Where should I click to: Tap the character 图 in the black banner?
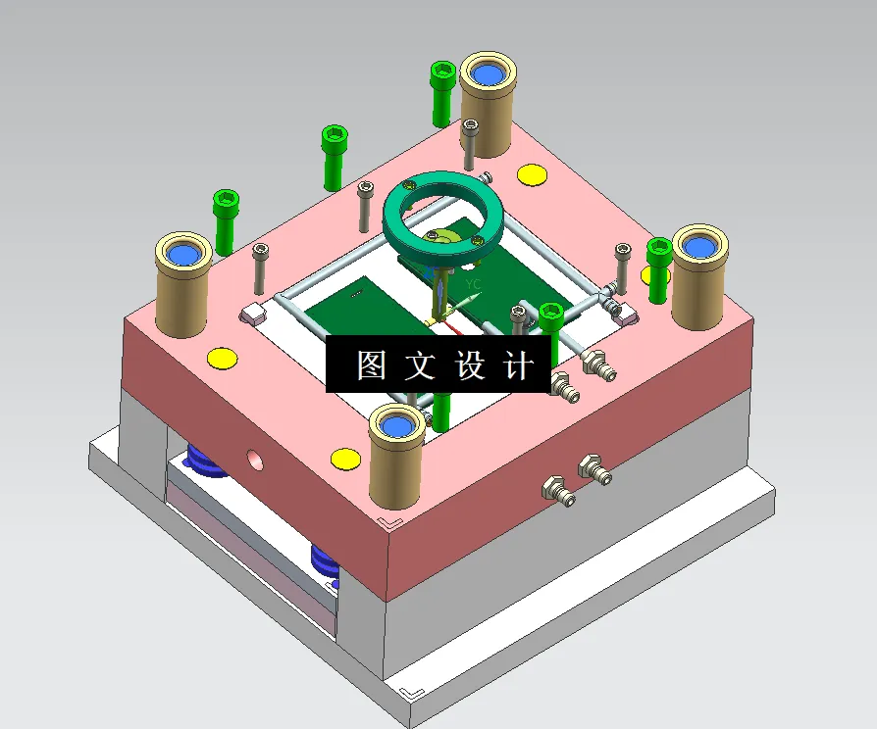coord(371,365)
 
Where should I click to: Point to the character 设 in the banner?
coord(470,365)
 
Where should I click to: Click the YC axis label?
coord(474,284)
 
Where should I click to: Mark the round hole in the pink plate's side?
coord(255,458)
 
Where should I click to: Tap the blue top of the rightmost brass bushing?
coord(699,245)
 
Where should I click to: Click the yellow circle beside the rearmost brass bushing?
coord(532,175)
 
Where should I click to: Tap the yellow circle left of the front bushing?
coord(345,458)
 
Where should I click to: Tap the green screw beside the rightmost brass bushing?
coord(657,269)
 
